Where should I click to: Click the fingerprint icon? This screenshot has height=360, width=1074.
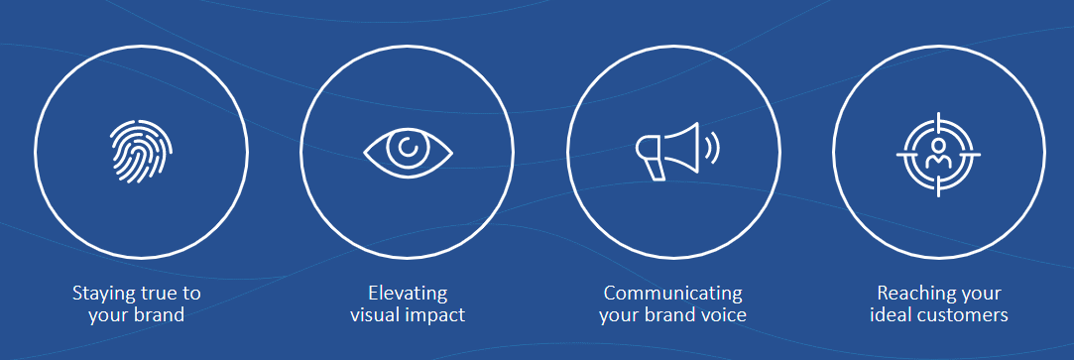pos(141,152)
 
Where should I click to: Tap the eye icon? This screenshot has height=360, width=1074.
pos(408,151)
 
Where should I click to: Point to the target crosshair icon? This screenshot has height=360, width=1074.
pos(938,152)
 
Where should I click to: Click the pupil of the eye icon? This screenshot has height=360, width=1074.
pos(408,149)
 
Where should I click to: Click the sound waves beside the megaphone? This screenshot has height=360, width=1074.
pos(712,150)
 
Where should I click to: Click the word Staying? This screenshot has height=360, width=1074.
pos(104,295)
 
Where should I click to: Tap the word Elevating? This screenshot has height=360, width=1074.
pos(407,294)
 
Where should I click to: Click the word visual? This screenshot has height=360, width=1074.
pos(376,315)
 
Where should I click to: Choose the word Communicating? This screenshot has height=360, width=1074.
pos(672,294)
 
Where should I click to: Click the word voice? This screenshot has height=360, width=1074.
pos(723,315)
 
